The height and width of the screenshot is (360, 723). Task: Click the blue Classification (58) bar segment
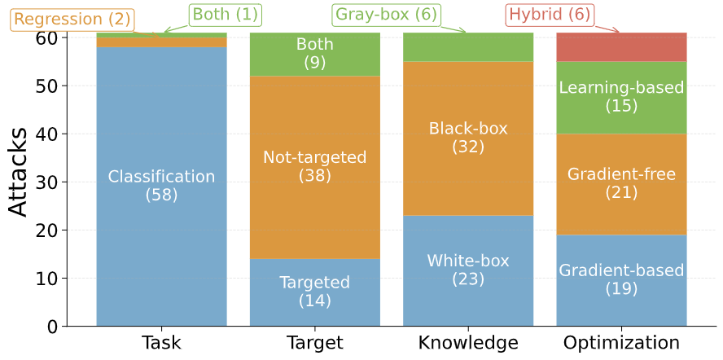coord(161,187)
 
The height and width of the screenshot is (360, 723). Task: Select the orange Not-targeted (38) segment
coord(315,168)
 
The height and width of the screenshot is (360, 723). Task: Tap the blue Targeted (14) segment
coord(315,292)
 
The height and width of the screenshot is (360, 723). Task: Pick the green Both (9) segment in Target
coord(315,55)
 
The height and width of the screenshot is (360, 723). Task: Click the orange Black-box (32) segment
coord(468,138)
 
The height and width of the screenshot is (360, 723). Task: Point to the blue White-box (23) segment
coord(468,271)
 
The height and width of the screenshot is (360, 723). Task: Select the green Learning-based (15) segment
coord(621,98)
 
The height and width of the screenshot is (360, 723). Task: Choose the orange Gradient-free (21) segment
coord(621,184)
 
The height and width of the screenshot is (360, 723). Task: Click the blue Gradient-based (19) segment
coord(621,281)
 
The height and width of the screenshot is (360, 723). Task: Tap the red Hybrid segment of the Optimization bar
coord(621,47)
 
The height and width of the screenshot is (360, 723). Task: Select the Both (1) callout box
coord(226,15)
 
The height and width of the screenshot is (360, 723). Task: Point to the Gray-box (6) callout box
coord(387,15)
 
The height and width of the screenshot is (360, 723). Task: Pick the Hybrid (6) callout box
coord(550,15)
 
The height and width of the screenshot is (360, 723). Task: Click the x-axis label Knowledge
coord(468,344)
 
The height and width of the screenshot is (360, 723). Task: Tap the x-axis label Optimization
coord(621,344)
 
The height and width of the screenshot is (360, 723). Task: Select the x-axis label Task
coord(161,344)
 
